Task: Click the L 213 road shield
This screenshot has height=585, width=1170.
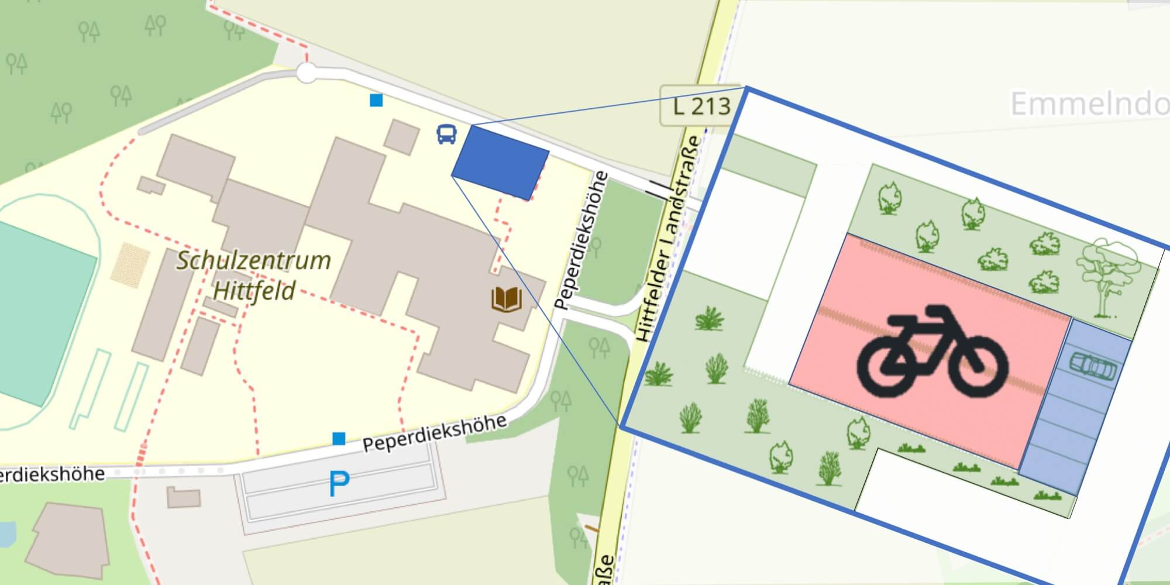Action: coord(701,106)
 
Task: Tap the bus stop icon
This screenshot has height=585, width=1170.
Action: coord(446,134)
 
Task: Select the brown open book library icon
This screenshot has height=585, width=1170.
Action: coord(507,299)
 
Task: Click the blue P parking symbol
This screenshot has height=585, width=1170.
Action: coord(339,484)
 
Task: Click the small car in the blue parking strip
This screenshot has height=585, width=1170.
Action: coord(1092,367)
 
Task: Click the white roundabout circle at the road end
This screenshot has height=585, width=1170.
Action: coord(306,74)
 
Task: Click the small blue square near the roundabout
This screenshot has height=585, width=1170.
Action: coord(376,101)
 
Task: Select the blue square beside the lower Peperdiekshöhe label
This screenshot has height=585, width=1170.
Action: coord(339,438)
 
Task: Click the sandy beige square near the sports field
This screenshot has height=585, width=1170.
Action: coord(130,265)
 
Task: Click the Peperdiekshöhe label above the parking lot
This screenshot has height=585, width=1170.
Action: coord(434,433)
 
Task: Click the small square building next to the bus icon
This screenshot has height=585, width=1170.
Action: coord(401,136)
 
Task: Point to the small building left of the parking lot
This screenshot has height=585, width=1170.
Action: coord(184,498)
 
